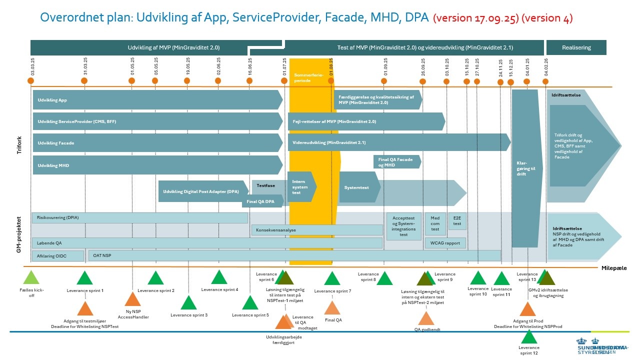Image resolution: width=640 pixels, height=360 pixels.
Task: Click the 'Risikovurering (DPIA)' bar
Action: [x=140, y=218]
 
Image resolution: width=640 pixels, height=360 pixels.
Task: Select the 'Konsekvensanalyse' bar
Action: [x=316, y=230]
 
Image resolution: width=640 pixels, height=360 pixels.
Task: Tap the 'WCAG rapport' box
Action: [x=445, y=243]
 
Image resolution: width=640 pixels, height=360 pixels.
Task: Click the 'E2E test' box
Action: [x=457, y=221]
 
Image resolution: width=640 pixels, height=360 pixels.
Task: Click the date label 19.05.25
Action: [x=188, y=66]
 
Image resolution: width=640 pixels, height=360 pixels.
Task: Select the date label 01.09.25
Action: [x=385, y=66]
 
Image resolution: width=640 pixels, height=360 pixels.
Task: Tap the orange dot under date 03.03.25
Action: [x=31, y=81]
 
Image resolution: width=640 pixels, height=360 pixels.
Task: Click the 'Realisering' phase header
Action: [x=576, y=48]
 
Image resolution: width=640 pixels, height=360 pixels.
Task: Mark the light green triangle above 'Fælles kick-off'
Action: [x=31, y=277]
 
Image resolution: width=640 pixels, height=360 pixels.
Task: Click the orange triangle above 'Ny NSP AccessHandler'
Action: [x=132, y=299]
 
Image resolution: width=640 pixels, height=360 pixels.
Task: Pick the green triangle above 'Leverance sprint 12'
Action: [x=529, y=336]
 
